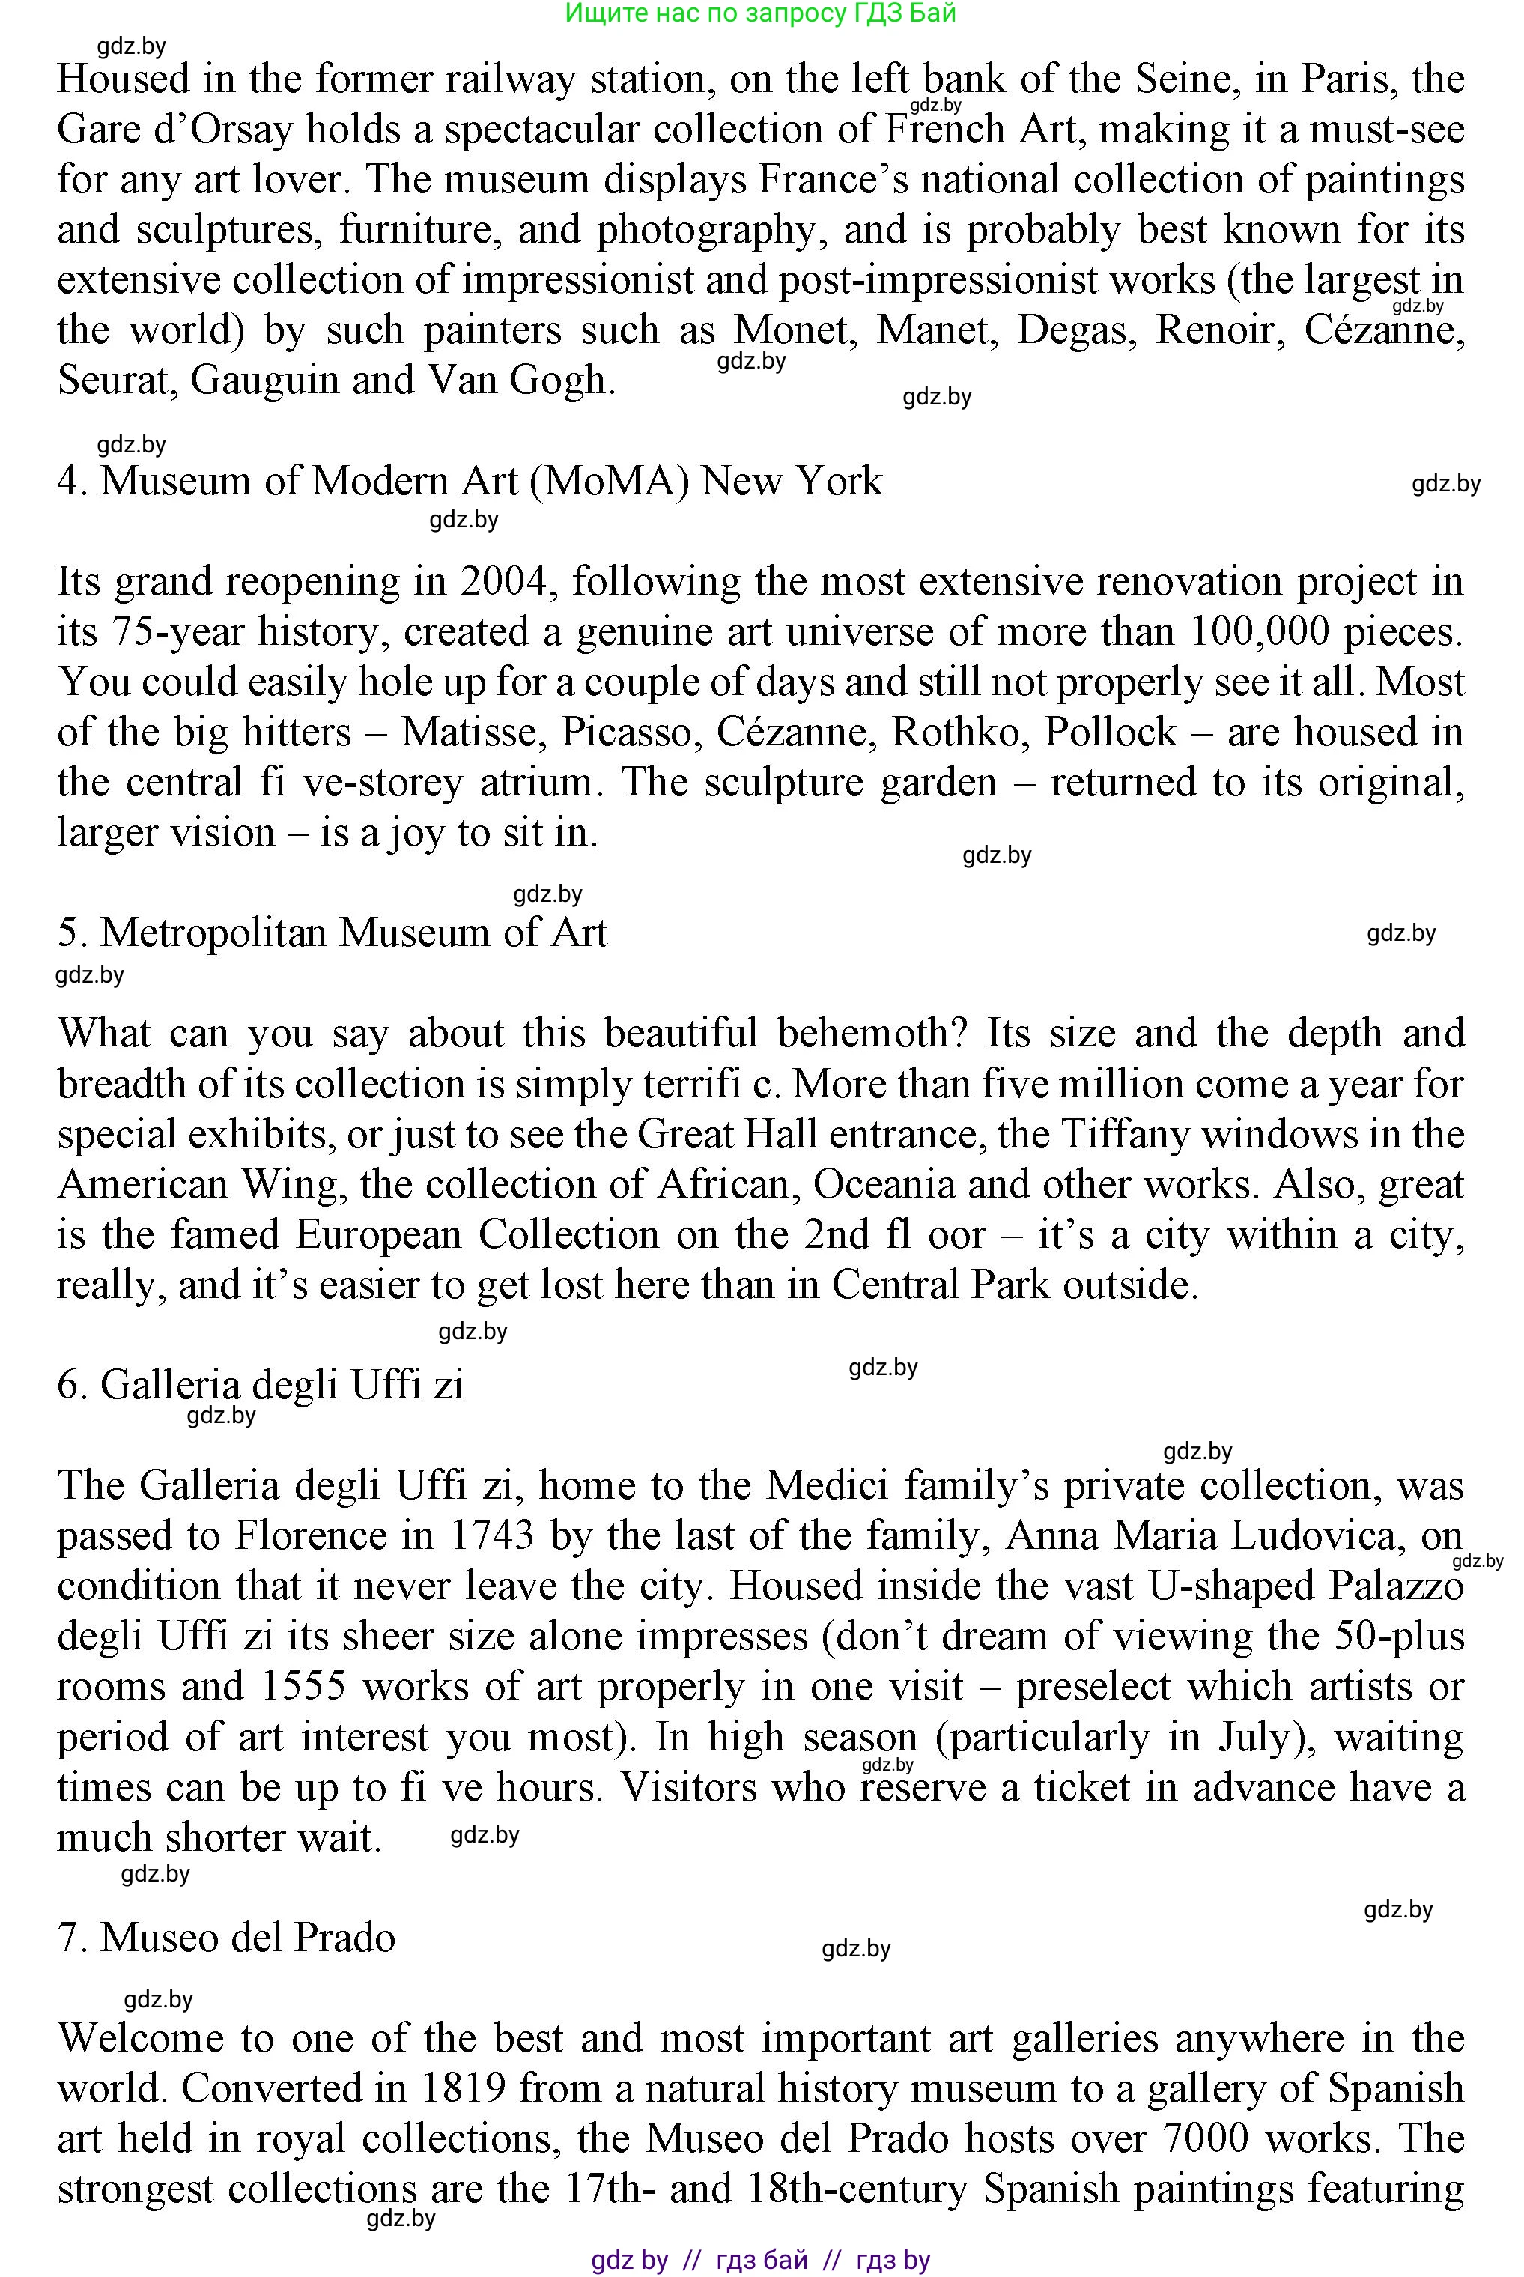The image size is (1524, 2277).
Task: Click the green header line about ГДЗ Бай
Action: click(760, 13)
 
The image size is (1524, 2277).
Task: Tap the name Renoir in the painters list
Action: click(1216, 330)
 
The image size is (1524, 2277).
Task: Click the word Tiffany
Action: click(1127, 1134)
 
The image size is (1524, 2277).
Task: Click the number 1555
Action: click(303, 1687)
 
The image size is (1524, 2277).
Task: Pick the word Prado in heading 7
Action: click(345, 1938)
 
